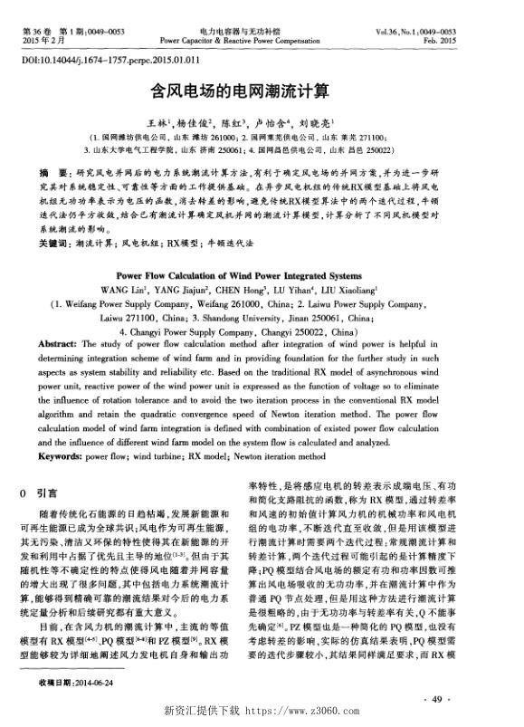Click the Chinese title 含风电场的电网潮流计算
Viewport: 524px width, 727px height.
click(262, 91)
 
